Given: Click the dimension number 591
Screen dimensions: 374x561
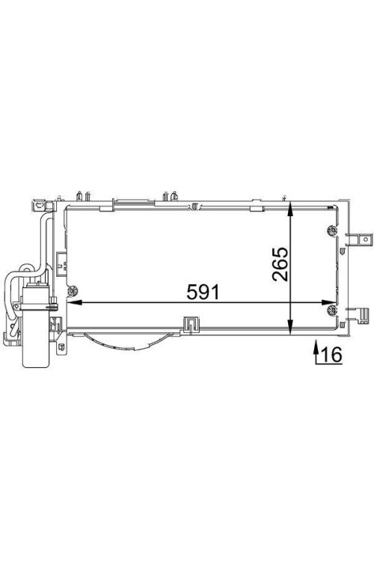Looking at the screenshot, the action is (202, 292).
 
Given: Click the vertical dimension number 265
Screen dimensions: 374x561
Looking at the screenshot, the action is (280, 264).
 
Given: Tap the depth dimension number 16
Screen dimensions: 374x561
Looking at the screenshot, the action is (332, 355).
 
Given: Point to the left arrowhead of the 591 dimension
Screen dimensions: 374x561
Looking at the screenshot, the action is (73, 302).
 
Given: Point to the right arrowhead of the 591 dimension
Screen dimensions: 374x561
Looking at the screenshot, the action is (329, 302).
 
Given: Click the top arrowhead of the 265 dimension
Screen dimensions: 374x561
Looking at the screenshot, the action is (291, 209).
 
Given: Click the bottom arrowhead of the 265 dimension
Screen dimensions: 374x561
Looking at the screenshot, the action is (291, 328).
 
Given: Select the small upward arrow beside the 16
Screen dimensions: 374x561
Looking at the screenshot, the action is (316, 352).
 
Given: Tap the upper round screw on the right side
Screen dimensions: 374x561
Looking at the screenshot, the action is (332, 230).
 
